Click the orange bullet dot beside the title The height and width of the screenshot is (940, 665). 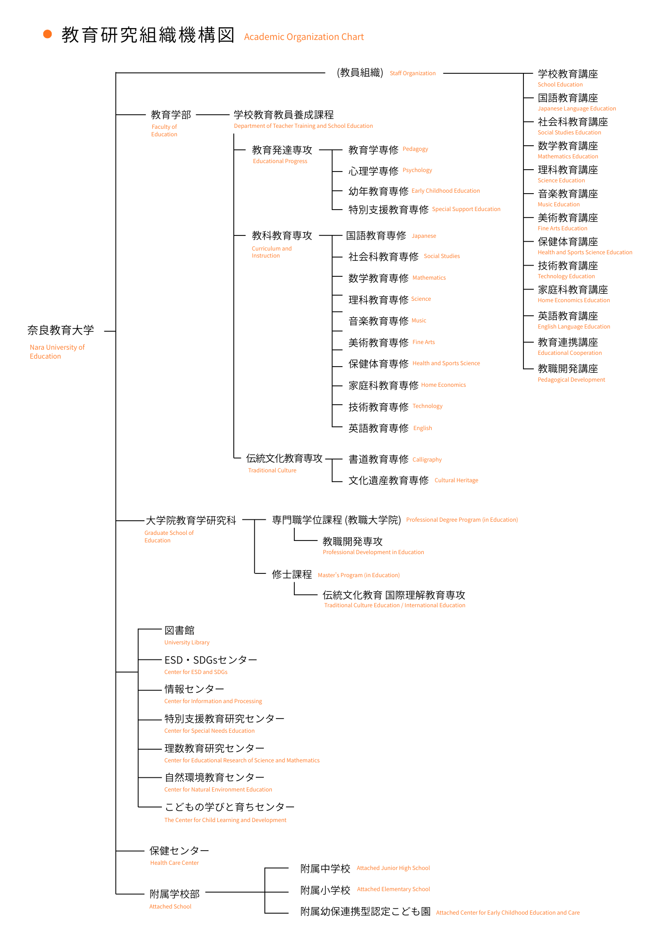[47, 34]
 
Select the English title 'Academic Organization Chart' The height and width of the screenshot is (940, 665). [304, 37]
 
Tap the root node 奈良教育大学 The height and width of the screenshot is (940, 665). [61, 330]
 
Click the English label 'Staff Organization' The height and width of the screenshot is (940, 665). [412, 73]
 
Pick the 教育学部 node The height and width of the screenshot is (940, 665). [171, 115]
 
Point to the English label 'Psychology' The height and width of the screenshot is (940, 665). [417, 170]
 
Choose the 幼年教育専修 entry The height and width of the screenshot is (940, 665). [378, 191]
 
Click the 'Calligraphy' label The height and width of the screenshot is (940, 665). [427, 460]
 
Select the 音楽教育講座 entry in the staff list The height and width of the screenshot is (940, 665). [568, 194]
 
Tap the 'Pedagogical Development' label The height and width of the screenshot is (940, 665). [571, 380]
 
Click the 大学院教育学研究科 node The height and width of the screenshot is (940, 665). [191, 520]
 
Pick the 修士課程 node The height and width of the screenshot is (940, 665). [292, 574]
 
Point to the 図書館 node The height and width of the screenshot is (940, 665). [179, 630]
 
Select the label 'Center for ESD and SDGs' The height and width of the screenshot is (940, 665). [196, 672]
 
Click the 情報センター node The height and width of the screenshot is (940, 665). [194, 689]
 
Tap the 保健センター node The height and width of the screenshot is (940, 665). [179, 851]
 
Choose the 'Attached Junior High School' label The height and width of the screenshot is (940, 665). [393, 868]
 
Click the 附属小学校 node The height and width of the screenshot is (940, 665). [325, 890]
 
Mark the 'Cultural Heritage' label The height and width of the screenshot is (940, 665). [456, 480]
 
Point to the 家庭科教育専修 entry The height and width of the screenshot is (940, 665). [383, 385]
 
